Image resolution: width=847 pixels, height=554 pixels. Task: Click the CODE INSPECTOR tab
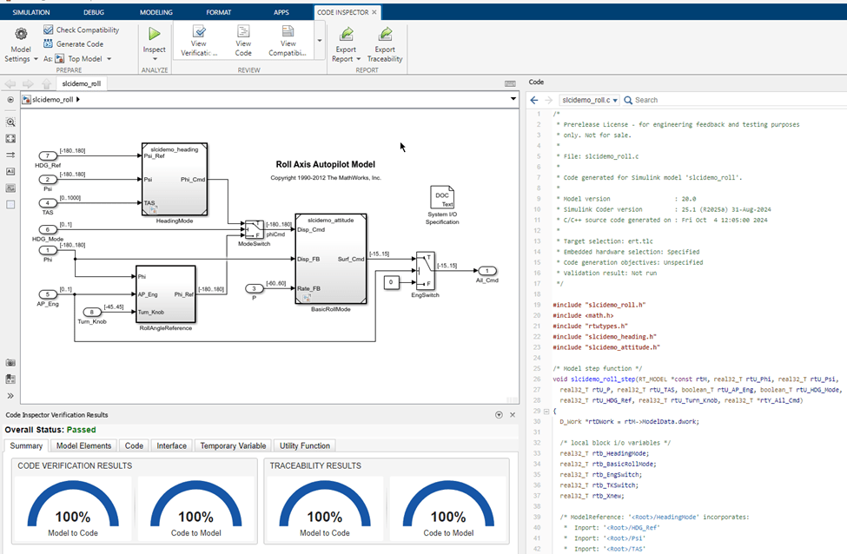pyautogui.click(x=347, y=13)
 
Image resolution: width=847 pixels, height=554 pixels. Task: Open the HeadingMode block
pyautogui.click(x=174, y=179)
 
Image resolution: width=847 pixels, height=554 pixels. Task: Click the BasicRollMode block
pyautogui.click(x=330, y=260)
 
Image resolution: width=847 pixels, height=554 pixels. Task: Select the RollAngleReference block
pyautogui.click(x=165, y=293)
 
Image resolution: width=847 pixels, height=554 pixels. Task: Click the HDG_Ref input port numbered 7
pyautogui.click(x=50, y=155)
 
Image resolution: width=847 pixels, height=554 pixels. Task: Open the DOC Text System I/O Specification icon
pyautogui.click(x=442, y=199)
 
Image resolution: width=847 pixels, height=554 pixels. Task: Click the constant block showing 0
pyautogui.click(x=393, y=282)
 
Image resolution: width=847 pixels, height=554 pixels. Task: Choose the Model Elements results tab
pyautogui.click(x=84, y=445)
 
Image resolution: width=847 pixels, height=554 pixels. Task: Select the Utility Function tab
pyautogui.click(x=304, y=445)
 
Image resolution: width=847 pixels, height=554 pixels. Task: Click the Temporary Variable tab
pyautogui.click(x=233, y=445)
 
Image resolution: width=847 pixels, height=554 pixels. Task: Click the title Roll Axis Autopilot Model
pyautogui.click(x=325, y=164)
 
